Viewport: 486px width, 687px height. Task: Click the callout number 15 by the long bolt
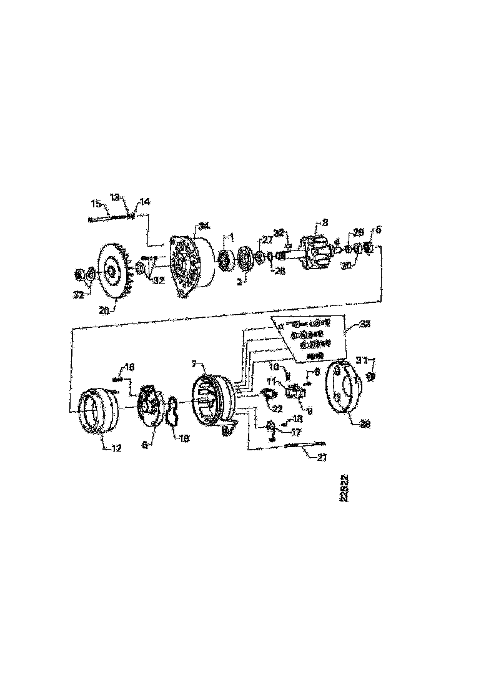(x=96, y=204)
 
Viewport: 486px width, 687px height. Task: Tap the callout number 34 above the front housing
(x=204, y=225)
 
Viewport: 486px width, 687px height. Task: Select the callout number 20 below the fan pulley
(x=104, y=309)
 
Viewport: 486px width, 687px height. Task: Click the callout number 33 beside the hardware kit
(x=365, y=325)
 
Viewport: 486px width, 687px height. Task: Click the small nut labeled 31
(x=369, y=377)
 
